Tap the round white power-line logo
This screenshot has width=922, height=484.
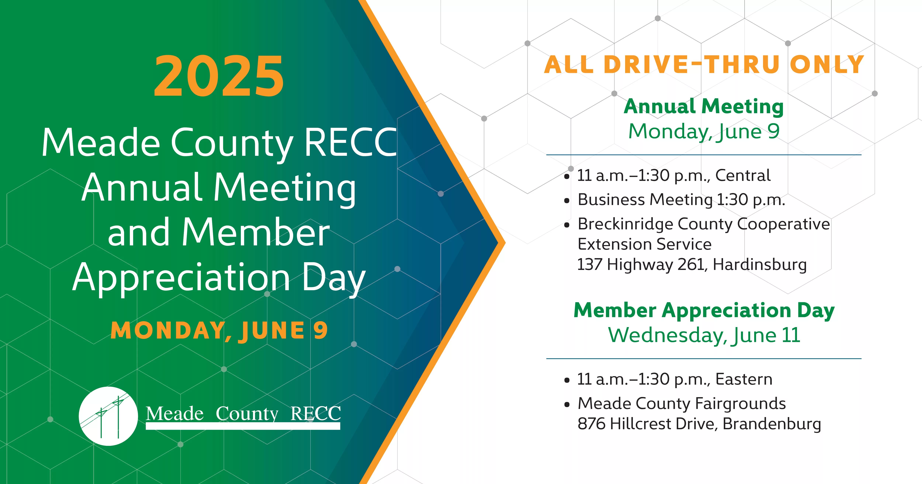108,416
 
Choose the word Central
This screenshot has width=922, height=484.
743,175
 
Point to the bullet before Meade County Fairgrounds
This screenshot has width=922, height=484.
567,405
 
